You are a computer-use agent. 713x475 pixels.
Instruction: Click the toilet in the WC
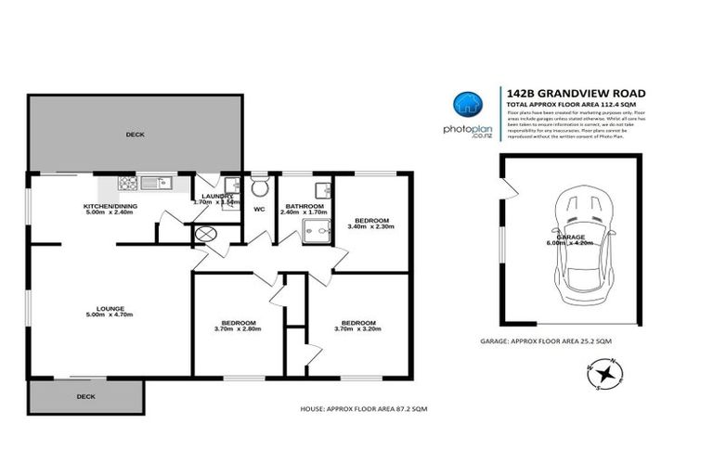pyautogui.click(x=258, y=188)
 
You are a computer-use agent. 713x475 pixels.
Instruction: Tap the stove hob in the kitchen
pyautogui.click(x=127, y=184)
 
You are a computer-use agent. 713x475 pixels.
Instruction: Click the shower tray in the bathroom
pyautogui.click(x=316, y=232)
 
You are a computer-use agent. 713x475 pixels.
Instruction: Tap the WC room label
pyautogui.click(x=259, y=209)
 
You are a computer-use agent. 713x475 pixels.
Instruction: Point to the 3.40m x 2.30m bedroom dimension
pyautogui.click(x=371, y=225)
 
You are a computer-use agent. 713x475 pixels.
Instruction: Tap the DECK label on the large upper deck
pyautogui.click(x=136, y=135)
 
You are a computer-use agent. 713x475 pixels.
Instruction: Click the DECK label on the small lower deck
pyautogui.click(x=85, y=396)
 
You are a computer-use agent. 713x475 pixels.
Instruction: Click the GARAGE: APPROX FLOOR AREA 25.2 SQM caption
pyautogui.click(x=560, y=342)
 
